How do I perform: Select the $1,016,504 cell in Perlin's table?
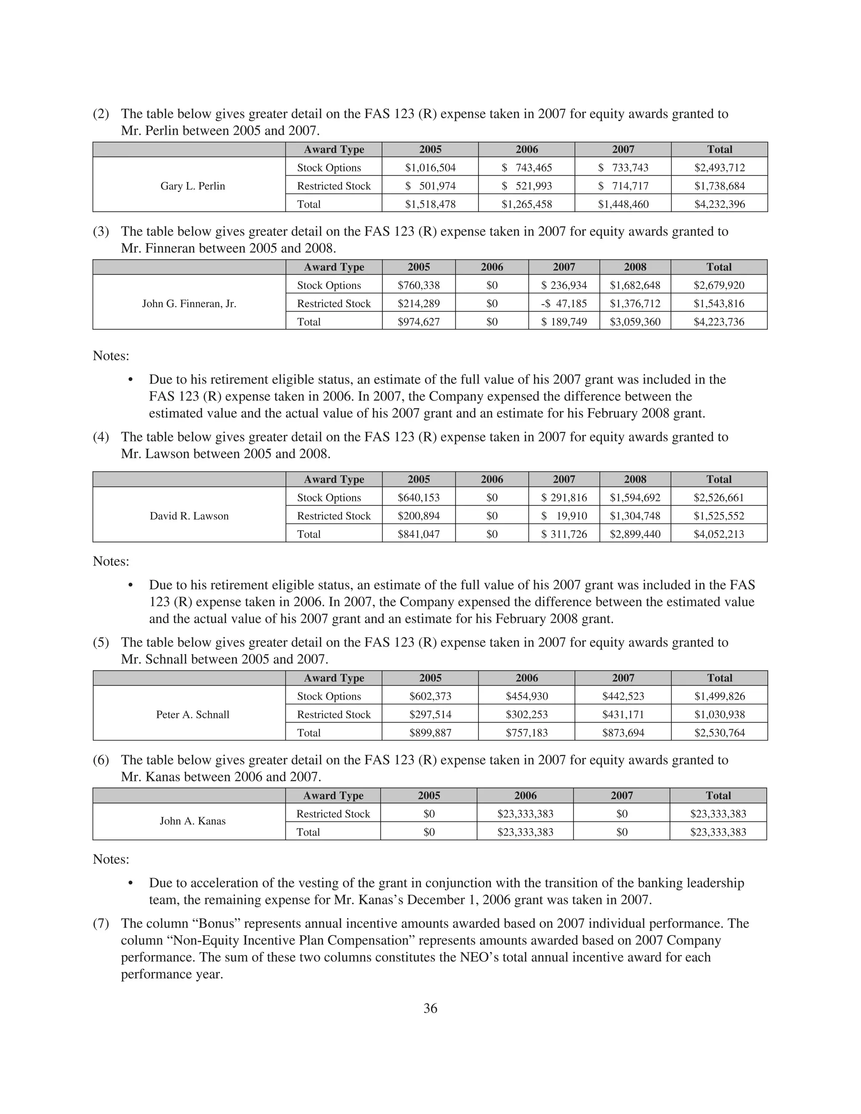(x=430, y=168)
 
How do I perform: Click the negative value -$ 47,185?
(x=564, y=304)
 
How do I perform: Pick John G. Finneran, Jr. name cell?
(x=189, y=304)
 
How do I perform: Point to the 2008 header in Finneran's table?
(x=635, y=267)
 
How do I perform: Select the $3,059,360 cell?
(x=635, y=322)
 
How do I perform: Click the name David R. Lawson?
(x=189, y=516)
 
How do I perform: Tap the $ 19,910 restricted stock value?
(x=564, y=516)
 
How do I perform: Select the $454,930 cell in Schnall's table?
(x=526, y=696)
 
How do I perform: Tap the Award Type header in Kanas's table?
(x=333, y=796)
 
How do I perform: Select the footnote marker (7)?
(x=101, y=923)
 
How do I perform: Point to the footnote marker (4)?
(x=101, y=437)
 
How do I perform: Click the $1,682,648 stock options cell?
(x=635, y=285)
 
